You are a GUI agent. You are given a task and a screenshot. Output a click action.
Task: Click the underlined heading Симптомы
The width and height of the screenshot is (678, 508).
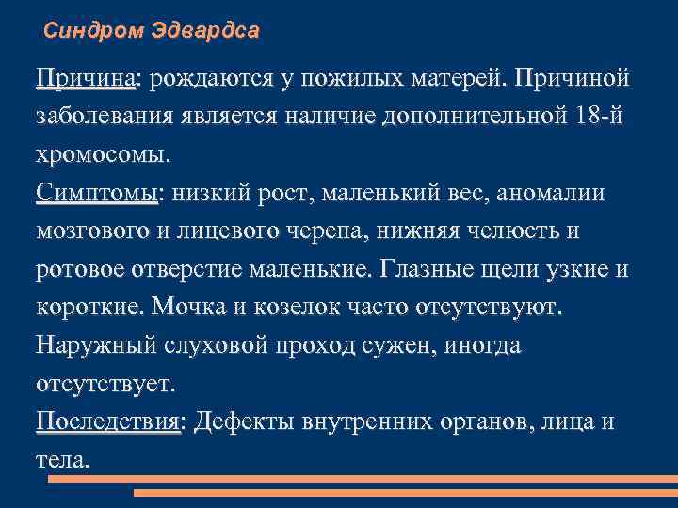[x=97, y=193]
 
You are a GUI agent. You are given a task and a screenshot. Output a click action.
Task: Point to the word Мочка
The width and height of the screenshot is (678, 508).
[x=190, y=309]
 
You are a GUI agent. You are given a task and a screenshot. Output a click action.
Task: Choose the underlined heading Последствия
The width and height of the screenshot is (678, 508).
[x=109, y=422]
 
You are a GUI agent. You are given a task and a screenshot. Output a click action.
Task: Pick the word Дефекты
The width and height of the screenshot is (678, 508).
[x=246, y=422]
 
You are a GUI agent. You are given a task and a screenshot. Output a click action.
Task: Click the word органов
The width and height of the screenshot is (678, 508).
[x=487, y=422]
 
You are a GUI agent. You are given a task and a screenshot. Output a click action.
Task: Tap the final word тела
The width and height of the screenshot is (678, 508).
[x=62, y=461]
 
